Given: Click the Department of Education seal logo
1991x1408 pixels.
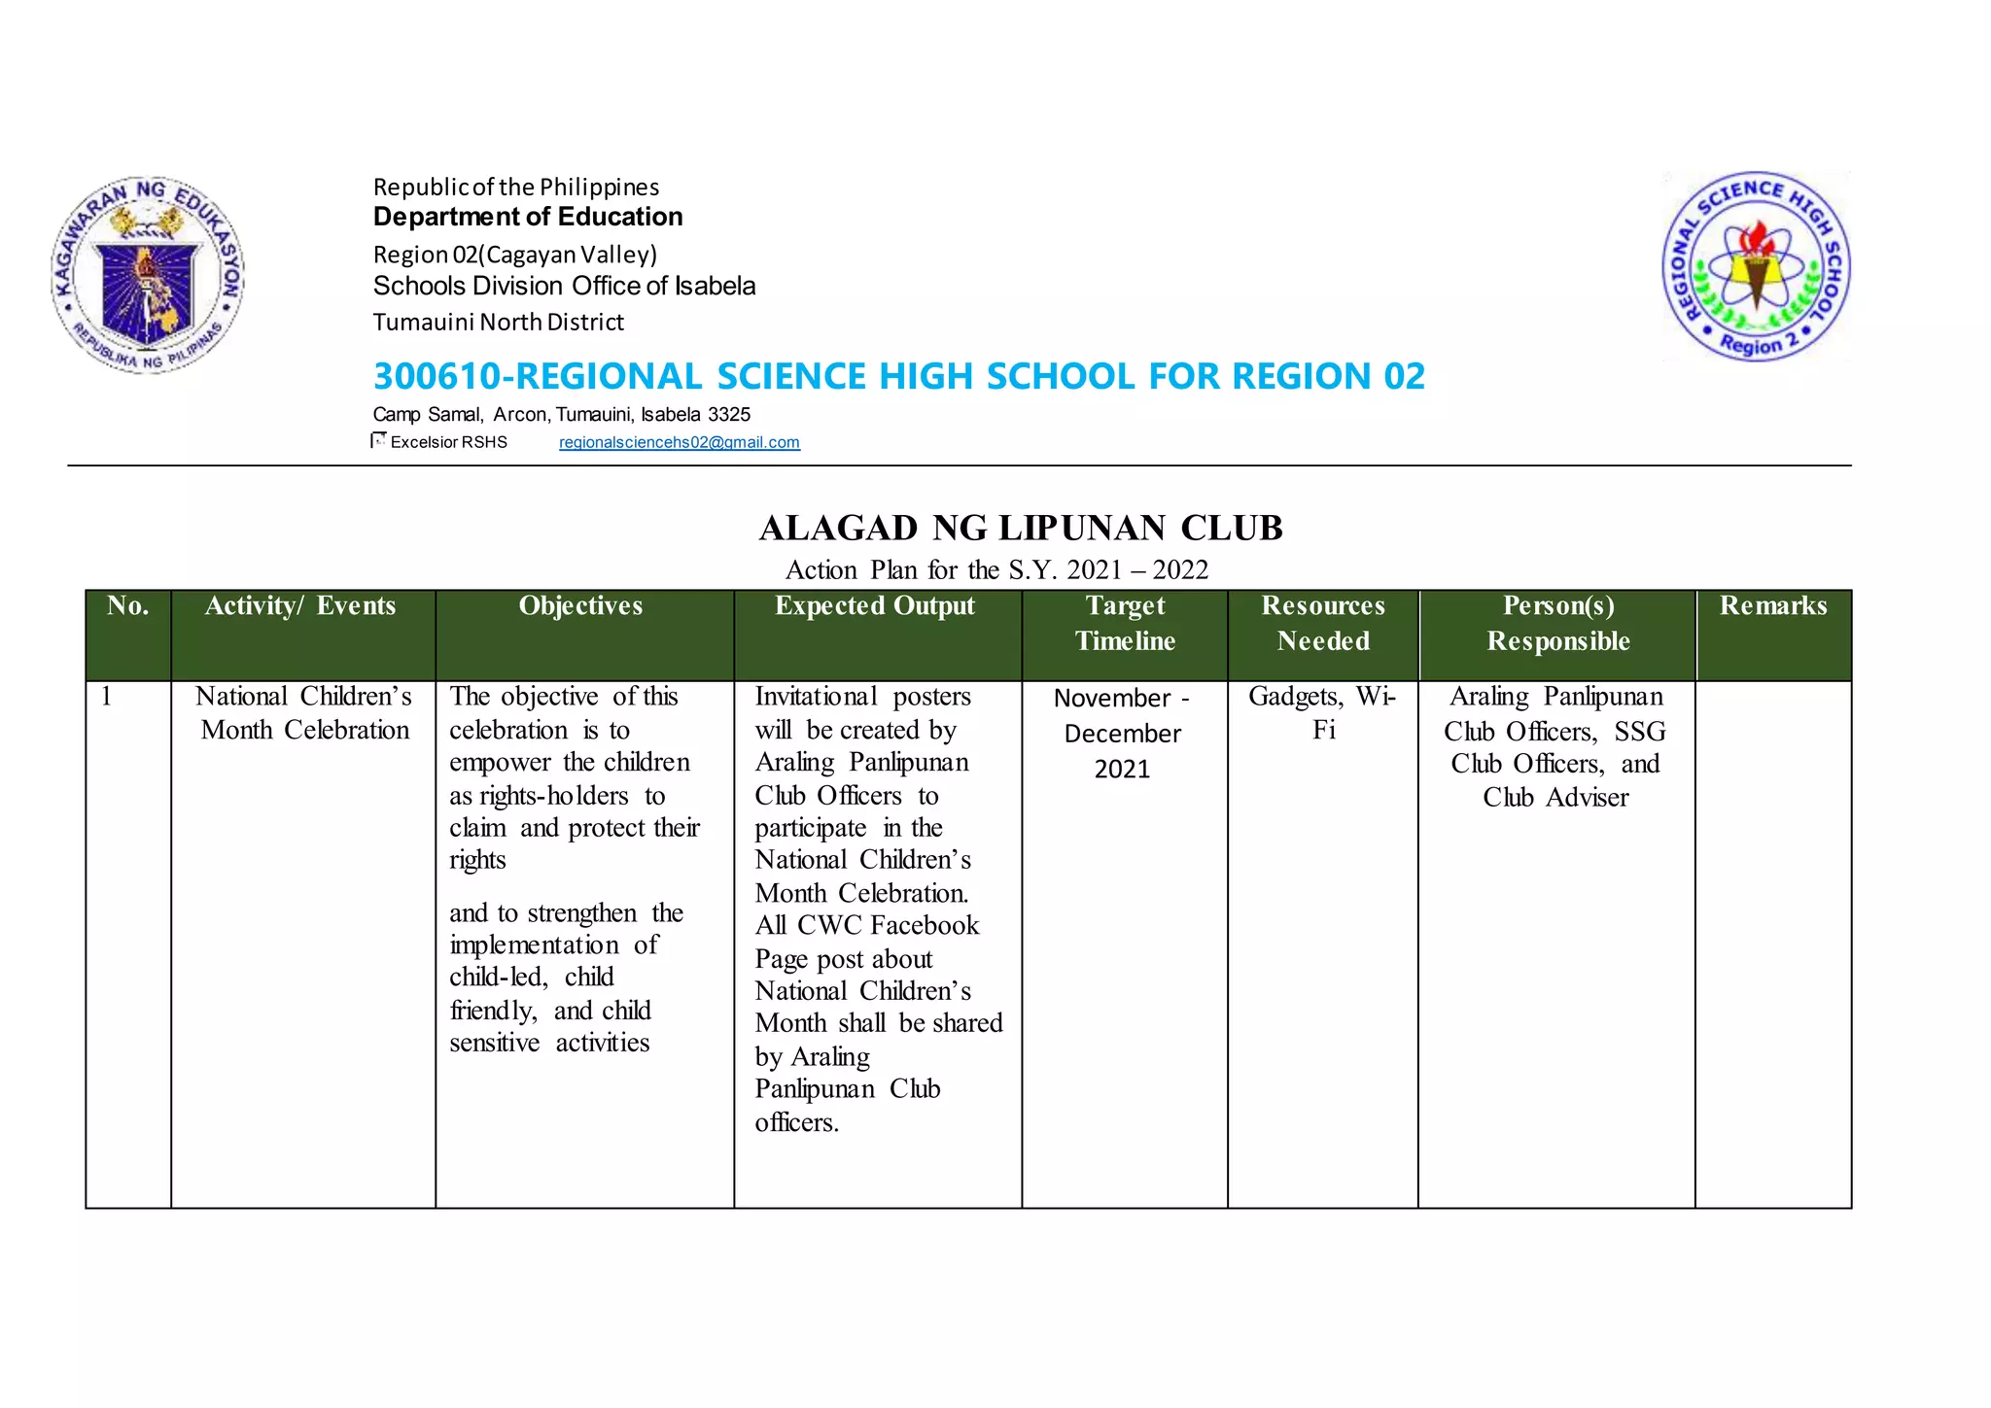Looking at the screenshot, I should [x=148, y=276].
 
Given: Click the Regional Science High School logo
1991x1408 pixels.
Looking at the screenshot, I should [x=1756, y=265].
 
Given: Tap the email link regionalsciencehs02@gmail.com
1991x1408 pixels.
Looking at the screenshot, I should [x=679, y=442].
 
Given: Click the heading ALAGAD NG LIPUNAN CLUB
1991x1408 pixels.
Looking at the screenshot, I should [x=1021, y=528].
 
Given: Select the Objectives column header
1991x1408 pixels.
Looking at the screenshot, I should [x=580, y=606].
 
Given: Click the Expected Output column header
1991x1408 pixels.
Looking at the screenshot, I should [x=874, y=606].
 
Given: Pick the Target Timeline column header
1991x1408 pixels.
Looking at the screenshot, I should [x=1125, y=624].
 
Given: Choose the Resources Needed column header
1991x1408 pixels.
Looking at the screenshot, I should [x=1323, y=624].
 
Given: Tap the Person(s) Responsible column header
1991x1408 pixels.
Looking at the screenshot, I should [x=1558, y=624].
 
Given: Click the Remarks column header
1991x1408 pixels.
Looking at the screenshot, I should [x=1773, y=606].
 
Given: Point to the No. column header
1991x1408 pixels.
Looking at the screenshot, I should [x=128, y=606].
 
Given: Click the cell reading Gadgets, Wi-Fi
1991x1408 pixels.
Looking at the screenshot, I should [x=1322, y=713].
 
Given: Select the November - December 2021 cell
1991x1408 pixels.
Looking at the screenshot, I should [x=1122, y=733].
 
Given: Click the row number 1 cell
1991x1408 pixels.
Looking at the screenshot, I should [x=107, y=697].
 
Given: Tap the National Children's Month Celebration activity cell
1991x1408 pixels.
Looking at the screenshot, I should [x=304, y=713].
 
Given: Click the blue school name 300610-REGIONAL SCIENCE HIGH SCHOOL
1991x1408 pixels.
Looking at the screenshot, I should [x=898, y=376].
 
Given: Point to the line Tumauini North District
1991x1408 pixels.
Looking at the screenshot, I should [x=498, y=323].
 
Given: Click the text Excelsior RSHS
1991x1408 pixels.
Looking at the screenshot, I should [x=448, y=442].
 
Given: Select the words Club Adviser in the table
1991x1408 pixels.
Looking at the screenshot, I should [x=1555, y=798].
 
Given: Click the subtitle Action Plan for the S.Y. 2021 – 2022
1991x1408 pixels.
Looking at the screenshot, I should [x=996, y=569].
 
